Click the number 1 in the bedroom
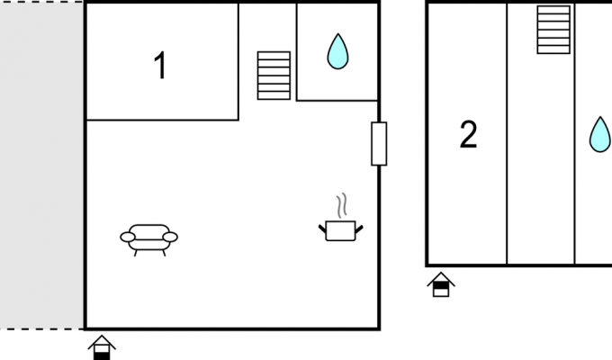click(x=161, y=66)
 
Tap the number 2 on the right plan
click(x=468, y=134)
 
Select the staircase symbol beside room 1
click(x=274, y=76)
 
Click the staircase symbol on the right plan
click(x=553, y=30)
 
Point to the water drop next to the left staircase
click(x=337, y=52)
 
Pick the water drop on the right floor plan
click(x=600, y=135)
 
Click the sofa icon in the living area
click(x=148, y=239)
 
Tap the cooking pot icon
click(x=340, y=230)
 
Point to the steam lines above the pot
click(x=342, y=205)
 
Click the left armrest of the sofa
click(x=128, y=237)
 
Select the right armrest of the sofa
click(x=170, y=237)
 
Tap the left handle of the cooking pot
click(x=322, y=229)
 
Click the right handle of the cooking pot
click(x=359, y=229)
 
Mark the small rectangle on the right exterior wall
click(x=379, y=144)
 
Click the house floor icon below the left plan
click(x=102, y=347)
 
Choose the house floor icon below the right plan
click(x=441, y=284)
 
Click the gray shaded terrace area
click(x=41, y=166)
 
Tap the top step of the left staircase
click(x=274, y=56)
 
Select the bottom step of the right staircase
click(x=553, y=49)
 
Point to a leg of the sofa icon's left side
click(x=135, y=253)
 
